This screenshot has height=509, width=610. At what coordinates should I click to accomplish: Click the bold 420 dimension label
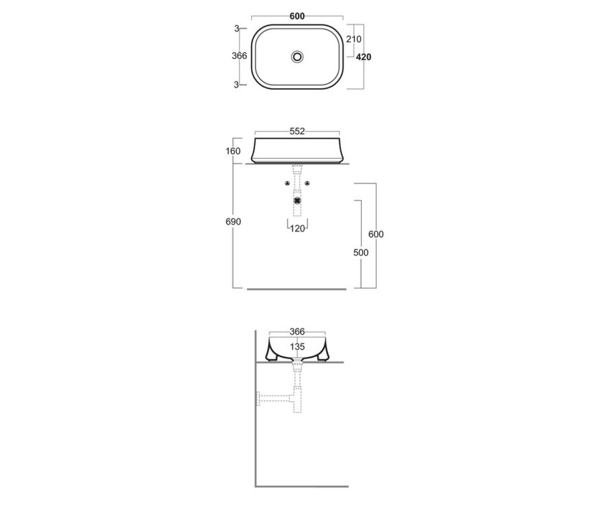click(x=363, y=57)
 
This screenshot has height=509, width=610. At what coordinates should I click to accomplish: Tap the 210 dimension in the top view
click(x=354, y=39)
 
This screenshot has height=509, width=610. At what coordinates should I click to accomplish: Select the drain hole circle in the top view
click(x=297, y=56)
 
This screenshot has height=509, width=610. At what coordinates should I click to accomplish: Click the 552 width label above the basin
click(x=297, y=131)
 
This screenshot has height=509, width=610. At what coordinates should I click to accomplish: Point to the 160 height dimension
click(x=233, y=151)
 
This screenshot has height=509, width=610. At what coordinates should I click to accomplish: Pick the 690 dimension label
click(x=233, y=222)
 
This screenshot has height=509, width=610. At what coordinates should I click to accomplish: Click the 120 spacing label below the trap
click(x=297, y=229)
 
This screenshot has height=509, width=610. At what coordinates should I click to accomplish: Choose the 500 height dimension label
click(x=361, y=252)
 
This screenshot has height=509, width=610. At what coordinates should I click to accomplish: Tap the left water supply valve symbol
click(x=288, y=183)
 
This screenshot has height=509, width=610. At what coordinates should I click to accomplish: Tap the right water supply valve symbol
click(x=307, y=183)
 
